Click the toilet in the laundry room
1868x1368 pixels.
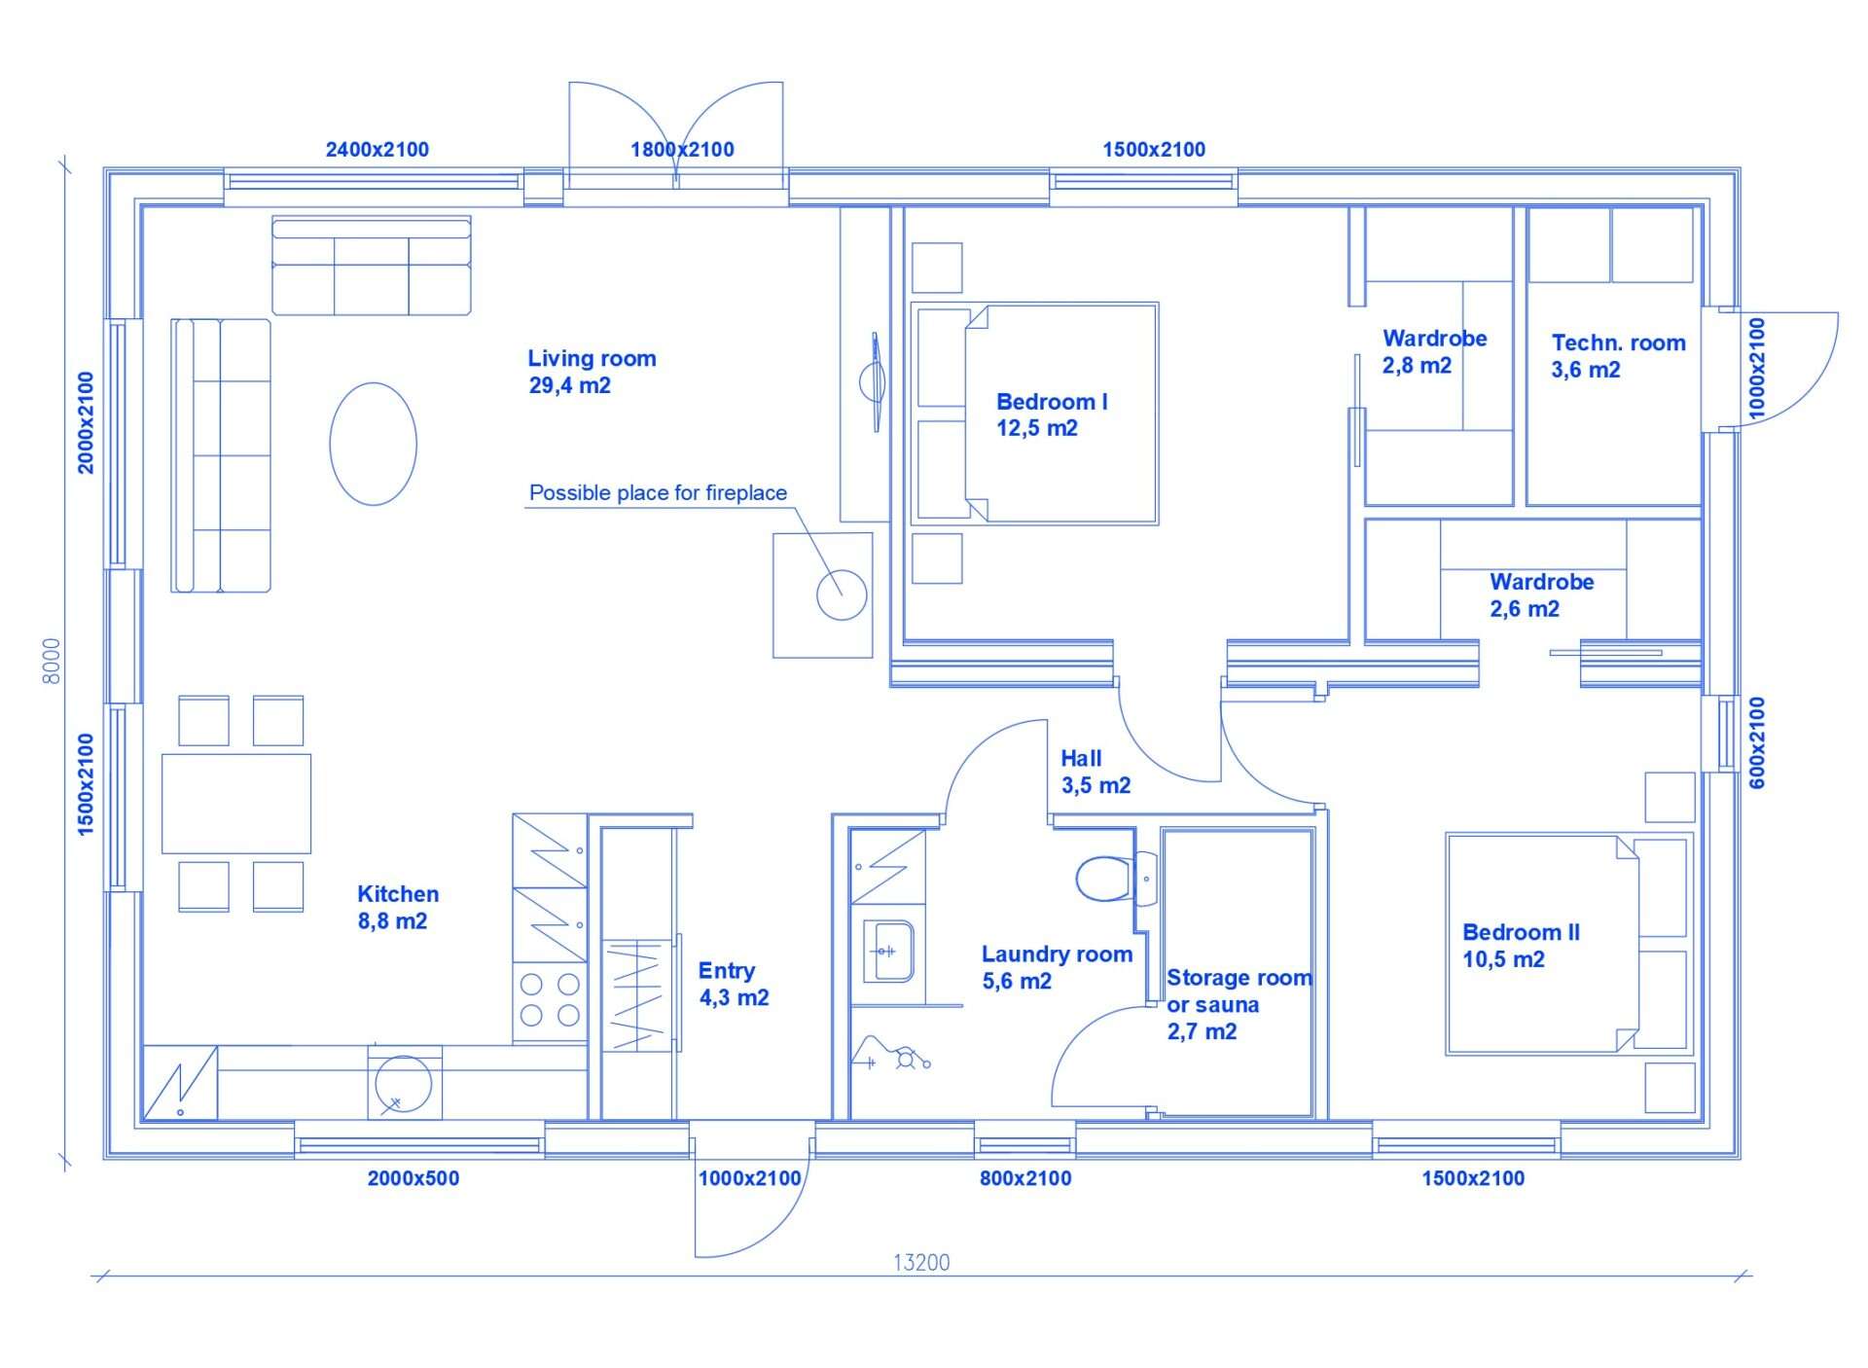pos(1115,879)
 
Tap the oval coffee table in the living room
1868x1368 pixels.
pos(374,444)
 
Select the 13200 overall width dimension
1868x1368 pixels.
pos(921,1262)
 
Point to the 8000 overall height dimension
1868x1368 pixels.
pos(52,661)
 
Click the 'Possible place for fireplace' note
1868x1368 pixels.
pos(658,493)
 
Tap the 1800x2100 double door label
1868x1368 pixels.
pos(682,150)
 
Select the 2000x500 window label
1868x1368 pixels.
pos(413,1178)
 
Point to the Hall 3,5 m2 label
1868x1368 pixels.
pos(1096,772)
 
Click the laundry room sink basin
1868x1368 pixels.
pos(888,951)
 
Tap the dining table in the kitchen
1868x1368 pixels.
pos(236,804)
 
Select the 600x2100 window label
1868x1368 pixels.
pos(1757,742)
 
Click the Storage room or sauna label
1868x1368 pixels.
pos(1239,1004)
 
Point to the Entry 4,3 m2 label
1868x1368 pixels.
pos(734,984)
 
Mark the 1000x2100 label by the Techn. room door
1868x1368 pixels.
pos(1756,369)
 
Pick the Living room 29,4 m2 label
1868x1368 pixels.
pos(592,372)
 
